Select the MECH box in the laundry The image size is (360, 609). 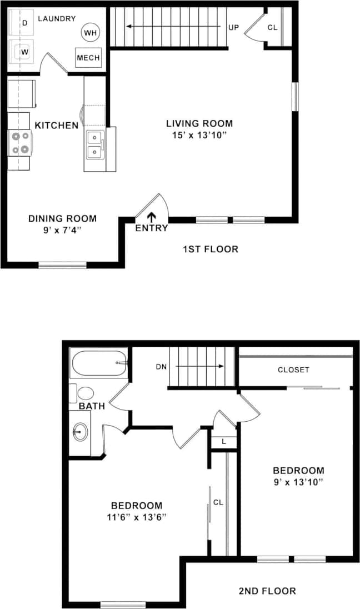pos(88,58)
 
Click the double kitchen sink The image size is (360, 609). pos(94,144)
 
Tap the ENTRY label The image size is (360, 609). pos(151,228)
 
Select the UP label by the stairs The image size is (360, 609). pos(233,27)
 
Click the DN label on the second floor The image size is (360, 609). pos(161,367)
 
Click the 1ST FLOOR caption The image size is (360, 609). pos(211,249)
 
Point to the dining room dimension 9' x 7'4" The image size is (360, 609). pos(62,229)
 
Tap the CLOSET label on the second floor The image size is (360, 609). pos(293,370)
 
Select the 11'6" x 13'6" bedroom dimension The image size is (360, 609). pos(137,516)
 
